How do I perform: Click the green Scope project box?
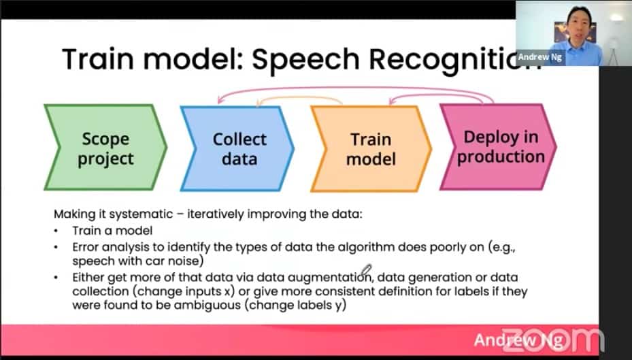tap(105, 147)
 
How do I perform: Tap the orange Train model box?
tap(371, 148)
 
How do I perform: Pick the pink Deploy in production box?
tap(498, 147)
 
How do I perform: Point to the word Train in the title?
tap(98, 59)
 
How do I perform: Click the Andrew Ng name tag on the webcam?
tap(539, 57)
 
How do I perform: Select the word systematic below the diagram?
tap(141, 214)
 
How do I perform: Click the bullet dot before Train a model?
tap(56, 231)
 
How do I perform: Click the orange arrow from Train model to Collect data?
tap(299, 97)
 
